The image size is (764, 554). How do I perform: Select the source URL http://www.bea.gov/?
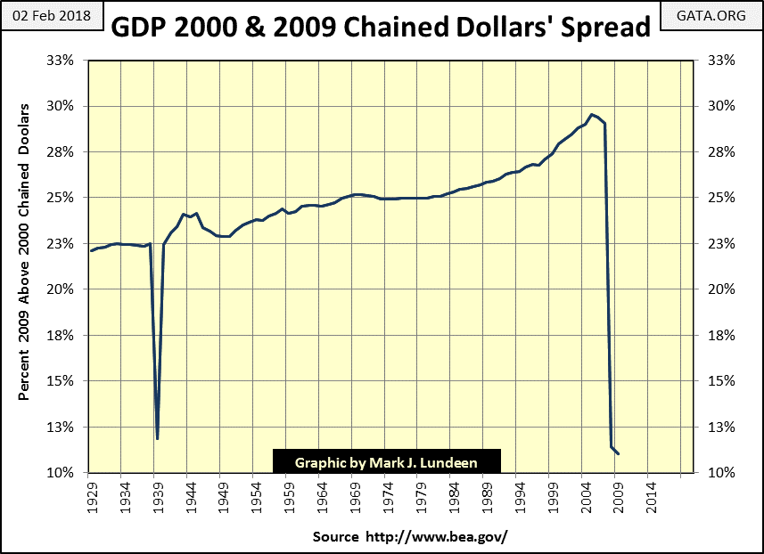(410, 537)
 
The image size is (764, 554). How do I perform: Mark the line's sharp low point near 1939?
(157, 438)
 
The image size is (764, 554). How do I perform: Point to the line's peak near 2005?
(591, 114)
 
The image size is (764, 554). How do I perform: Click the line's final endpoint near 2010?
(619, 454)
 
